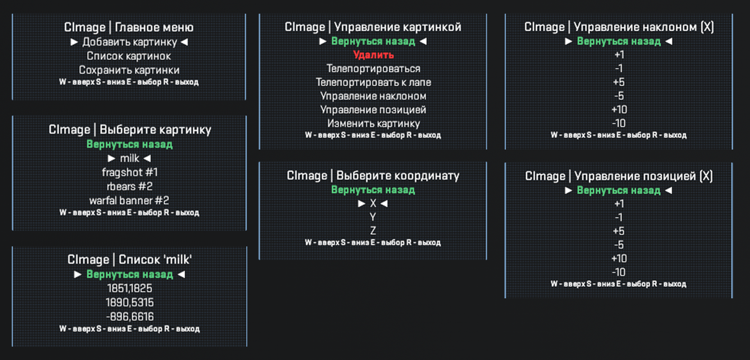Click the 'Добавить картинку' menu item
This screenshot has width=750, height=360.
[x=130, y=42]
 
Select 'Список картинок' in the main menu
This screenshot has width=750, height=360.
[x=129, y=56]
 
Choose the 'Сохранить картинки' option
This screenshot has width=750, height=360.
[x=129, y=70]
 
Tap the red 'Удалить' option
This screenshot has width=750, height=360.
[x=373, y=55]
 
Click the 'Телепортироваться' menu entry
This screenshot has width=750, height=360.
[x=373, y=69]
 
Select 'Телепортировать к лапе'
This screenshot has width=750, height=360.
[x=373, y=82]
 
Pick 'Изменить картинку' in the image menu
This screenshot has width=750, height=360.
[x=373, y=124]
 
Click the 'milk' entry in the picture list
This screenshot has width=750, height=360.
[x=130, y=159]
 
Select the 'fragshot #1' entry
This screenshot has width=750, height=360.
[x=130, y=173]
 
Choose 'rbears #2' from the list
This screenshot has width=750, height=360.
[x=130, y=187]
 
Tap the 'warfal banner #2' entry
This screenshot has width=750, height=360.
[x=129, y=201]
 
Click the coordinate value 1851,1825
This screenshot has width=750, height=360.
[x=130, y=289]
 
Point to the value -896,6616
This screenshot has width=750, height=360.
[x=130, y=317]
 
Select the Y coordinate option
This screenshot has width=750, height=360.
[x=373, y=217]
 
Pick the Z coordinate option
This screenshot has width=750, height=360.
[x=373, y=231]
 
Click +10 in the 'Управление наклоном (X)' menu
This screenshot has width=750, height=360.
[x=619, y=110]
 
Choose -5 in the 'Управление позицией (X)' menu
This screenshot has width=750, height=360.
[x=619, y=245]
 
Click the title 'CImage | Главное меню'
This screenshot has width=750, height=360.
[x=129, y=27]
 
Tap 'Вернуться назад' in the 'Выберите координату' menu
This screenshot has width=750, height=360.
[x=373, y=190]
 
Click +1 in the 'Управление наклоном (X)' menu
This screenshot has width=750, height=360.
[x=619, y=55]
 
